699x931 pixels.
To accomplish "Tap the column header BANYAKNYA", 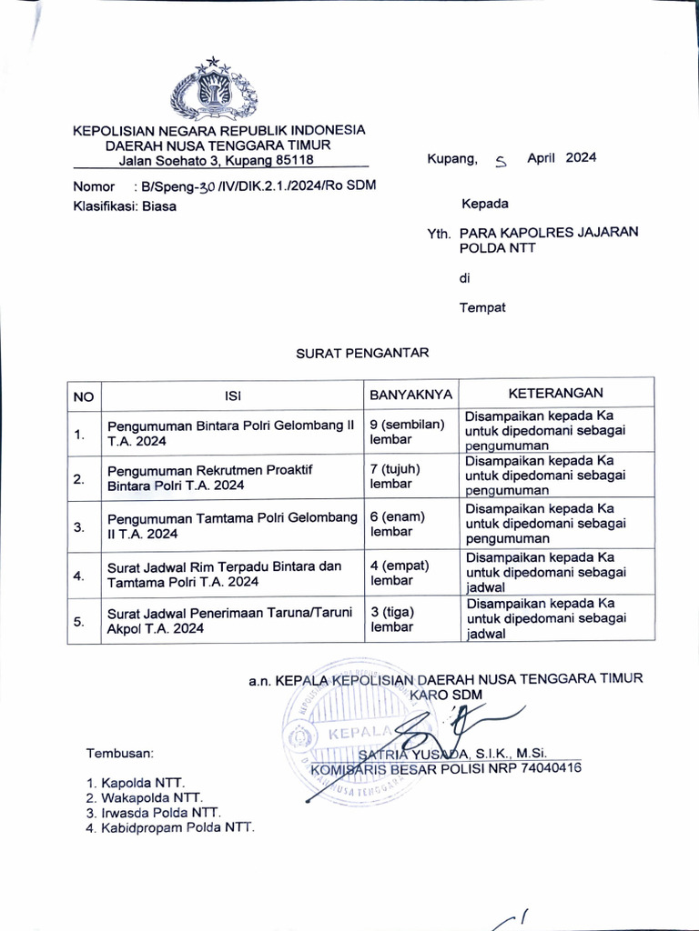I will [x=410, y=395].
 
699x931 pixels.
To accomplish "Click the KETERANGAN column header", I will [x=555, y=393].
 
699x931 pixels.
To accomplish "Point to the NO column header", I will [x=83, y=395].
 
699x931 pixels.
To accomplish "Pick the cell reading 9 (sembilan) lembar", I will [x=406, y=431].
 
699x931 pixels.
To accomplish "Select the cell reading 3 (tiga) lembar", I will [x=391, y=619].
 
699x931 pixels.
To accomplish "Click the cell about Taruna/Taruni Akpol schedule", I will [x=228, y=620].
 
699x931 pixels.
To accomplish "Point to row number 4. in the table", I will [x=79, y=576].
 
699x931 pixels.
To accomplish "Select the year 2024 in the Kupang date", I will [x=581, y=157].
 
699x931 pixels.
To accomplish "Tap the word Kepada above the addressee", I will [x=484, y=204].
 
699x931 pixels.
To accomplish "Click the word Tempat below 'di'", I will [x=482, y=307].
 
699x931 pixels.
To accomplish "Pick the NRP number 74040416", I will [x=550, y=768].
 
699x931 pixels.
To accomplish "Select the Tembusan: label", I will [x=120, y=753].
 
